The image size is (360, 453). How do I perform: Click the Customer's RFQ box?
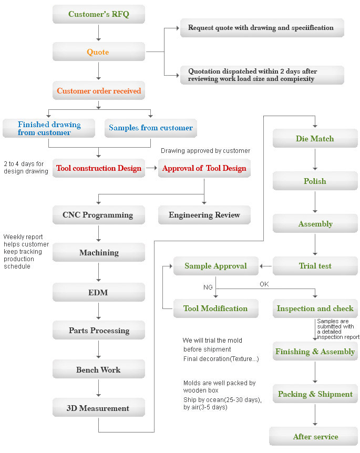click(x=98, y=14)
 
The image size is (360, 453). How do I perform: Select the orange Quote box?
click(x=98, y=52)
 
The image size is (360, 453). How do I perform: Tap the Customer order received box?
click(x=98, y=90)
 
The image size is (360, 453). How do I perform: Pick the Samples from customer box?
click(x=150, y=128)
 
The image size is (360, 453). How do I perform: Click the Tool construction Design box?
click(x=98, y=168)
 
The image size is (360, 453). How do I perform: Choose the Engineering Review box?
click(x=204, y=214)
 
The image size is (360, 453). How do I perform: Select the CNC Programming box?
click(x=98, y=214)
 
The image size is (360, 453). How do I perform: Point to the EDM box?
click(x=98, y=292)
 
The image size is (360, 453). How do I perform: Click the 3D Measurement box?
click(x=98, y=408)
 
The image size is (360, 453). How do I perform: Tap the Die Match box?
click(x=315, y=138)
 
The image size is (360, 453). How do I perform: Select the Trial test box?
click(x=315, y=266)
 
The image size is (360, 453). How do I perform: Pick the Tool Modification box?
click(x=216, y=308)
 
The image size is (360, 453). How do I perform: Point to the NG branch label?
click(x=208, y=287)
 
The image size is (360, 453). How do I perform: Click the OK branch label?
click(x=264, y=284)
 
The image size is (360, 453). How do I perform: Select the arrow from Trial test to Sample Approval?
click(x=265, y=266)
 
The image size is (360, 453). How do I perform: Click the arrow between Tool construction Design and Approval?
click(x=152, y=168)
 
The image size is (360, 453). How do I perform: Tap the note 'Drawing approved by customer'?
click(x=205, y=151)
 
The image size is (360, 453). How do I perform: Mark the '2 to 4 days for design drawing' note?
click(x=26, y=168)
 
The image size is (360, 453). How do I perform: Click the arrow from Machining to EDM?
click(x=98, y=272)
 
